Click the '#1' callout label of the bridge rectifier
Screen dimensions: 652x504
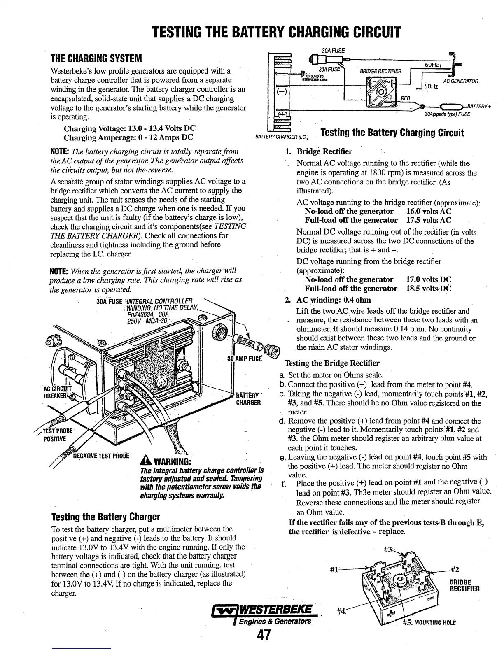point(334,570)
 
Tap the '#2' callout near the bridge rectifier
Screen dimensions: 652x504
point(455,570)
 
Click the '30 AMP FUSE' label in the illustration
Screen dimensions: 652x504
point(245,359)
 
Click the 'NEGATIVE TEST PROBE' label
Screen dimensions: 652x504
point(101,456)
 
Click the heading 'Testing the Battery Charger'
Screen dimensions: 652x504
point(105,517)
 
